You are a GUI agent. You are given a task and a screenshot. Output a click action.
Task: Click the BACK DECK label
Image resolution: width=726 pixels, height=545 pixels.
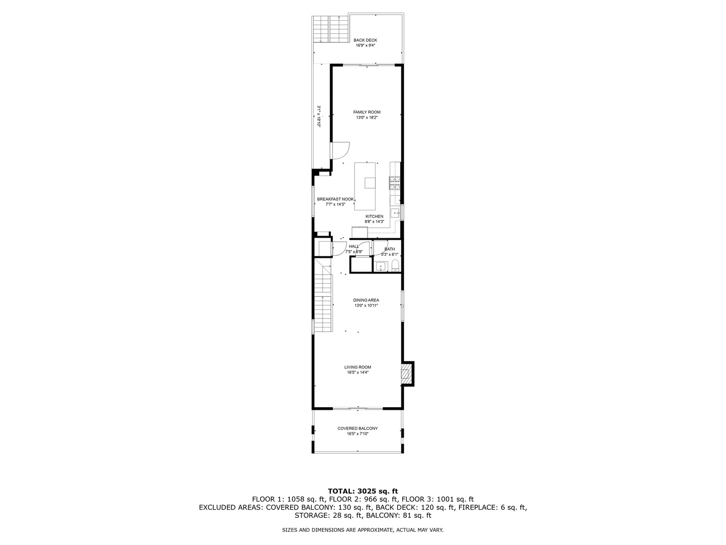(x=365, y=40)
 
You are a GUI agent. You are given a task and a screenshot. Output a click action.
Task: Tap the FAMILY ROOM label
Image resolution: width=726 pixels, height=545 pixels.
(x=367, y=112)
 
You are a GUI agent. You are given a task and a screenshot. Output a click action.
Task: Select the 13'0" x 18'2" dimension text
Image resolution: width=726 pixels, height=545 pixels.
(x=367, y=118)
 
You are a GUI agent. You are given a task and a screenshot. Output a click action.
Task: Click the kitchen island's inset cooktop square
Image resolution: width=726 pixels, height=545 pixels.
(x=370, y=183)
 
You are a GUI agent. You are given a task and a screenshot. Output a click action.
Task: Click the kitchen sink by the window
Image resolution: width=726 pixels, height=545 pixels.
(x=395, y=213)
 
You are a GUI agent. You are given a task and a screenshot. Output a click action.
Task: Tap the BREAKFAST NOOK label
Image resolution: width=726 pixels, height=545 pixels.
(x=335, y=199)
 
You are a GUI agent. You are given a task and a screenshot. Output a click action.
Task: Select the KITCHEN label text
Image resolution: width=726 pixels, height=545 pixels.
(x=374, y=216)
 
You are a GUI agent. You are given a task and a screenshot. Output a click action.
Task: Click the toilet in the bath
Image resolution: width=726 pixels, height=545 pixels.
(x=395, y=266)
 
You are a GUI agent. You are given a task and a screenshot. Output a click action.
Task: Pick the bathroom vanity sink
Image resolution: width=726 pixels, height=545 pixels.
(x=381, y=266)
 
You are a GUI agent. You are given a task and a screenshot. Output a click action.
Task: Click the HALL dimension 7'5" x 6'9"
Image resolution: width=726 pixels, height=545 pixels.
(x=354, y=251)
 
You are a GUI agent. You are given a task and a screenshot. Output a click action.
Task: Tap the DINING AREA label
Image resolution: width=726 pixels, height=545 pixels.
(x=366, y=300)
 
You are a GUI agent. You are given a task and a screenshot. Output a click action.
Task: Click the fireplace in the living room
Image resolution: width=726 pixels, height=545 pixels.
(x=406, y=374)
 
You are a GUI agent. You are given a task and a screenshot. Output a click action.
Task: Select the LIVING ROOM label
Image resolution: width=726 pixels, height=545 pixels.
(x=357, y=367)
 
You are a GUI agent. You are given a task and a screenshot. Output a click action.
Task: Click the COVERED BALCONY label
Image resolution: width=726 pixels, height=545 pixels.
(x=357, y=428)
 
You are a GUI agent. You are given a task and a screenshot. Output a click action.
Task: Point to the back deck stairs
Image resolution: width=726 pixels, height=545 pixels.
(x=330, y=29)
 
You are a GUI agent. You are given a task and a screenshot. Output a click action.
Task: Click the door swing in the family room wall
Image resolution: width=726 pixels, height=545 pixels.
(x=340, y=150)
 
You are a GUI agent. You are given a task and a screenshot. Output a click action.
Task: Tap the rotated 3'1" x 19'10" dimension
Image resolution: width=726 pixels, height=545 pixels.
(x=319, y=116)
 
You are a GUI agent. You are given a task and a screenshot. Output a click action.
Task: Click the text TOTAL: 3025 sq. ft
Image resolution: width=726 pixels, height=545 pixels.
(x=362, y=490)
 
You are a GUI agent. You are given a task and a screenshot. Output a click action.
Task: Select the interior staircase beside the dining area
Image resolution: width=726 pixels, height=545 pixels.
(x=323, y=298)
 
